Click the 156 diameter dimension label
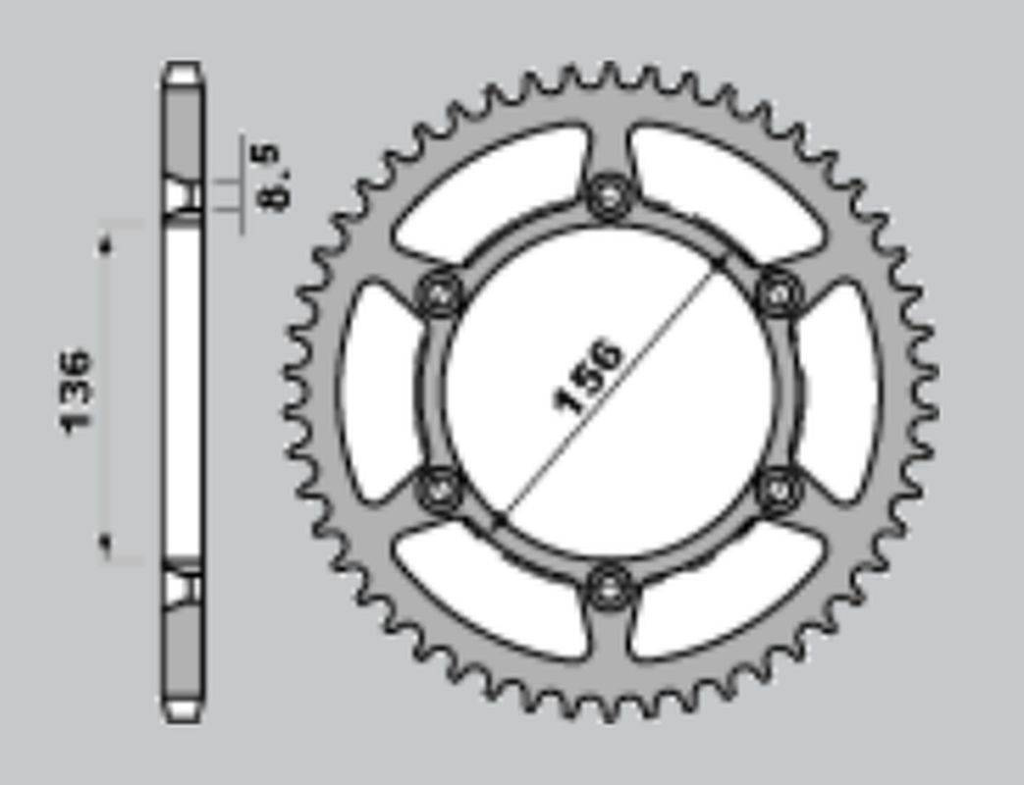click(x=587, y=376)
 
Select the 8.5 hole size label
click(x=274, y=177)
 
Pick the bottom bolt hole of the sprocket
click(x=610, y=588)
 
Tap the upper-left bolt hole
click(x=438, y=293)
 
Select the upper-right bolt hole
click(x=780, y=293)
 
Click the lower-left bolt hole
click(x=438, y=490)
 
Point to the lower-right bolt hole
click(x=780, y=490)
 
